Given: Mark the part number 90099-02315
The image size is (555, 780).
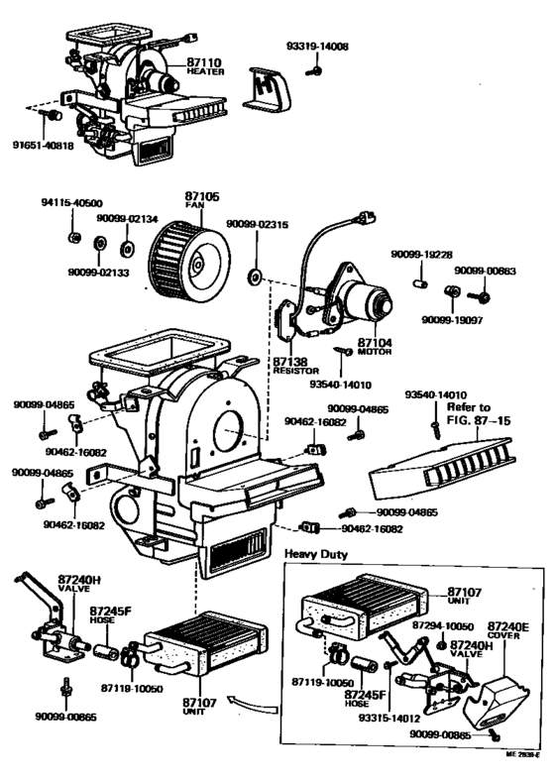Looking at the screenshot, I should click(256, 224).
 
